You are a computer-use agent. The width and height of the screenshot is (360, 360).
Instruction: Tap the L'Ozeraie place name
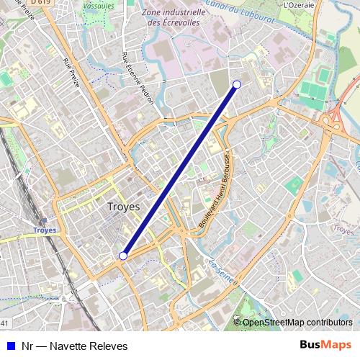299,4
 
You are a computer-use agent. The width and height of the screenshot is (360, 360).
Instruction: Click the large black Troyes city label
125,207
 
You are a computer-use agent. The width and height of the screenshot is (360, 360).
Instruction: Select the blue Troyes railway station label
45,230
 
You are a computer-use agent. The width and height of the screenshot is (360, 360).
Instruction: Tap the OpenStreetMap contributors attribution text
297,322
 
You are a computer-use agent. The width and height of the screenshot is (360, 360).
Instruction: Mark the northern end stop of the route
237,85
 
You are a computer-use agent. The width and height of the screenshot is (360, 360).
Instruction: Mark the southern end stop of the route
123,256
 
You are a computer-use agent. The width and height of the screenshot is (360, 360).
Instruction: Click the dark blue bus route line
180,171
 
